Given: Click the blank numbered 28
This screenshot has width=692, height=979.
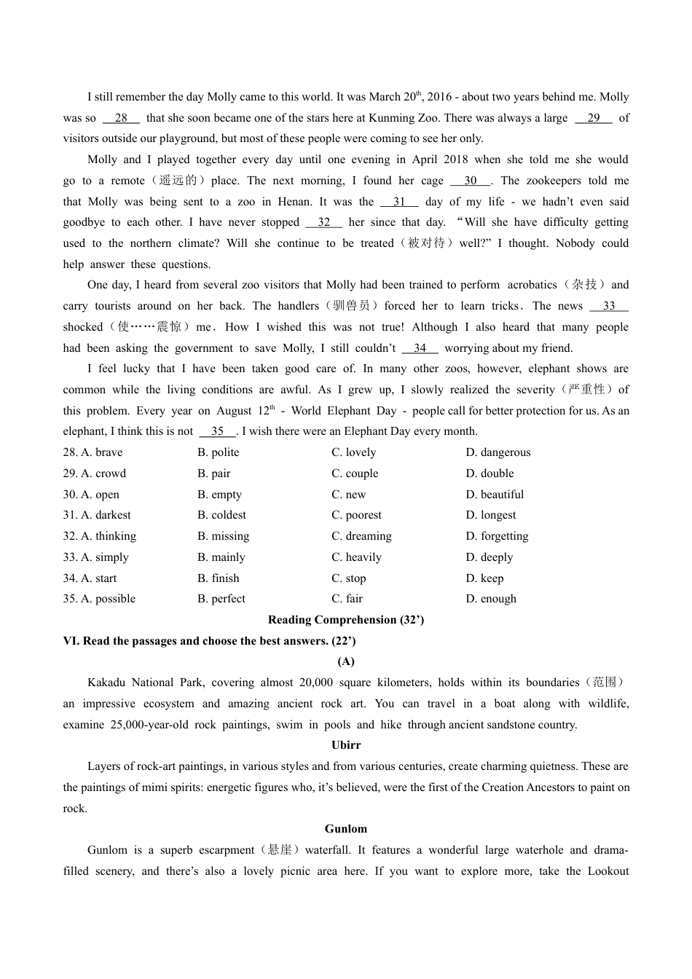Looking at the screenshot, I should [121, 118].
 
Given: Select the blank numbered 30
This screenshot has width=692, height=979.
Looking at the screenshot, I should [471, 181].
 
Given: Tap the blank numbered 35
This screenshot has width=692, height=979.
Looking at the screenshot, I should [217, 431].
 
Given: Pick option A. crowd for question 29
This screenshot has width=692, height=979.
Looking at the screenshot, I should [95, 473].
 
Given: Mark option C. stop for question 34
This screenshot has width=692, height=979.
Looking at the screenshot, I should [349, 578].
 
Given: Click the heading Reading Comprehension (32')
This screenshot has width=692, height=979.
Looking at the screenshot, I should [346, 620].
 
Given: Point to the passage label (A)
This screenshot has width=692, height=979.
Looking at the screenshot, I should [346, 661].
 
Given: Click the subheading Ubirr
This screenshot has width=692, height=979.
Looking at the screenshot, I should [346, 745].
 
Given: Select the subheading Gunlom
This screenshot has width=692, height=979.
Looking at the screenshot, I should [346, 829].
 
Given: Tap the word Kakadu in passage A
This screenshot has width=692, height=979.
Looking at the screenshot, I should [106, 683].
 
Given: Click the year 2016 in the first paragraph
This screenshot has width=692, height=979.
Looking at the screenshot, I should [439, 97].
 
